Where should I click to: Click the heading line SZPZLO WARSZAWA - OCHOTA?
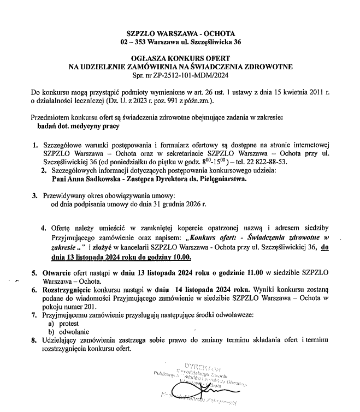pos(180,33)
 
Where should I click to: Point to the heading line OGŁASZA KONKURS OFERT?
pos(180,58)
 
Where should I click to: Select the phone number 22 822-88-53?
pos(273,163)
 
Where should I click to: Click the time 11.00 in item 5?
pos(255,271)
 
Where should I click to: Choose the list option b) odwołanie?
pos(70,331)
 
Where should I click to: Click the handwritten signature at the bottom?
pos(192,390)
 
